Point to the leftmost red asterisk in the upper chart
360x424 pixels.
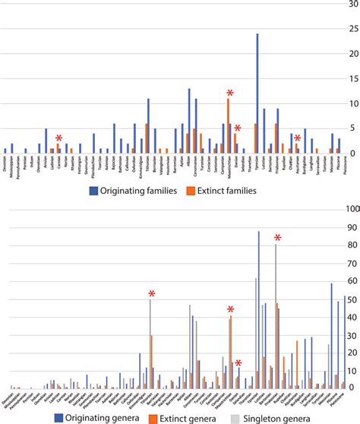(x=58, y=138)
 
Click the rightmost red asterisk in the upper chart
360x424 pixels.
(x=298, y=138)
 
